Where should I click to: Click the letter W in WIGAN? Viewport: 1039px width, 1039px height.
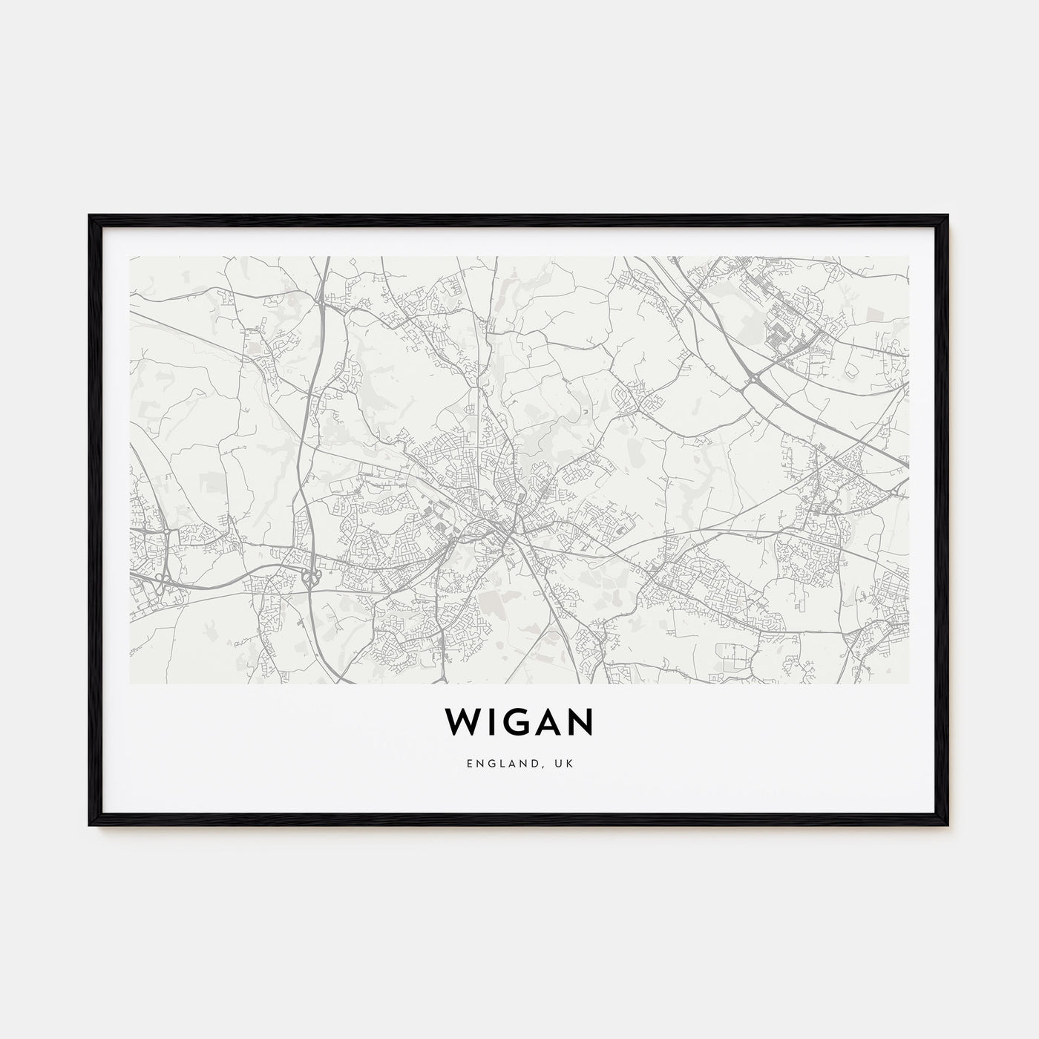pos(461,721)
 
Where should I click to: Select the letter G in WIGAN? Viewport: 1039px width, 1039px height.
pos(517,721)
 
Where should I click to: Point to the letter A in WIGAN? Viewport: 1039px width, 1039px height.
pos(550,721)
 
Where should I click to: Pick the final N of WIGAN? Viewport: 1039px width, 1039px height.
pos(583,721)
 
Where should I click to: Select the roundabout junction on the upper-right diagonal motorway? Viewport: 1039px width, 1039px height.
pos(756,380)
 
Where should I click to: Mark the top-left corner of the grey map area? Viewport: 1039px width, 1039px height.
pos(131,258)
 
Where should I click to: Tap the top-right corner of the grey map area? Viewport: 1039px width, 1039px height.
pos(908,258)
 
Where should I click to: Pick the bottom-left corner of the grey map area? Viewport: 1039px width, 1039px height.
pos(131,682)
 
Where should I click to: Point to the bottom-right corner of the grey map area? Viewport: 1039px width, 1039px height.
pos(908,682)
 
